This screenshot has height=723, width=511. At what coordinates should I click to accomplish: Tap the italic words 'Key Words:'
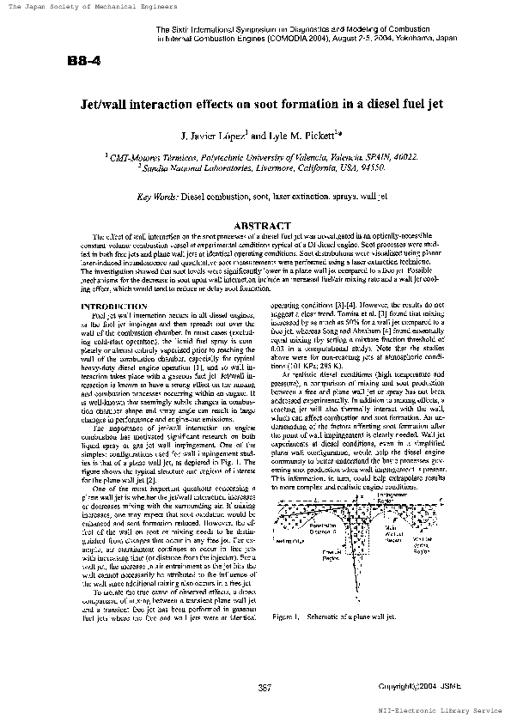pyautogui.click(x=158, y=197)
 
